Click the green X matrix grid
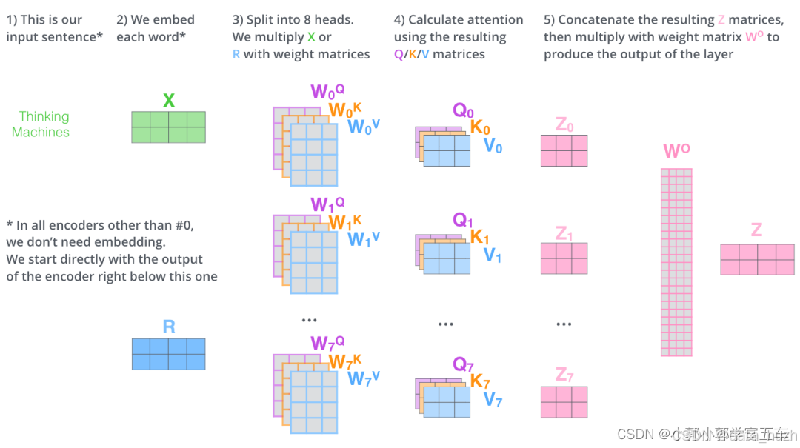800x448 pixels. (x=168, y=127)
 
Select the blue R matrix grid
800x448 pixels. (x=168, y=354)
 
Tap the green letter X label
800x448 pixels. (x=169, y=101)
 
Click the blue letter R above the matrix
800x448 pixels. (x=169, y=327)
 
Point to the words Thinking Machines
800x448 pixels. (x=41, y=124)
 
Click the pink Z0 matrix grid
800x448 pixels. (x=564, y=150)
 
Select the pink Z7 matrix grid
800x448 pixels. (x=564, y=401)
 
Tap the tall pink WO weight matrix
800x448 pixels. (x=676, y=262)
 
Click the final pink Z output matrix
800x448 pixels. (x=757, y=260)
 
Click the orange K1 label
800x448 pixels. (x=480, y=237)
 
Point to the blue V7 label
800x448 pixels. (x=493, y=401)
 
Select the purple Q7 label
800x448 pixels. (x=463, y=364)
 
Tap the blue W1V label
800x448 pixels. (x=364, y=239)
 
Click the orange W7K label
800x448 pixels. (x=345, y=361)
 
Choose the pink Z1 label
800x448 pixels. (x=564, y=234)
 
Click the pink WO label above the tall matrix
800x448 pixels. (x=676, y=152)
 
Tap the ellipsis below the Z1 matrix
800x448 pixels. (x=564, y=324)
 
